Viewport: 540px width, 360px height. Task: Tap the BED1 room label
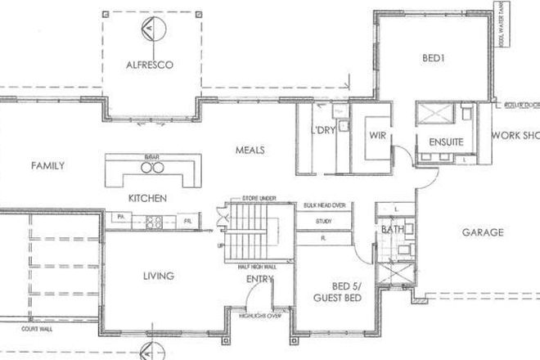[x=433, y=59]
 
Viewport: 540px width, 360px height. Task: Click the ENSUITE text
[x=447, y=142]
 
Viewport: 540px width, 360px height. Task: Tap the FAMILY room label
[x=47, y=165]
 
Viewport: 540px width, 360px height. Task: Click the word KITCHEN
[x=148, y=199]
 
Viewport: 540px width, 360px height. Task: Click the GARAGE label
[x=482, y=232]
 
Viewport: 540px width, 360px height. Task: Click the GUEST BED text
[x=336, y=299]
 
